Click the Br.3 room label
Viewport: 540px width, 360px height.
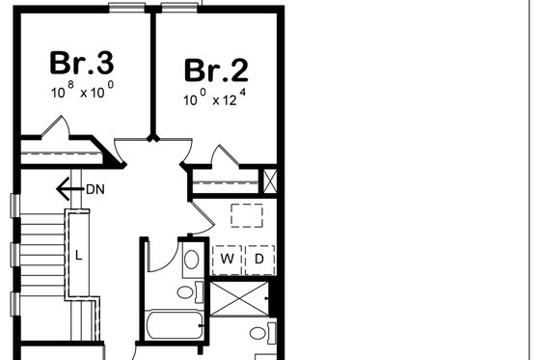click(82, 65)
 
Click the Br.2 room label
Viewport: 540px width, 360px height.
click(216, 70)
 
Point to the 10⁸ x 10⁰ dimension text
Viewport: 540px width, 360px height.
click(82, 95)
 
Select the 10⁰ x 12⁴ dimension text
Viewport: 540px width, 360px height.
click(216, 99)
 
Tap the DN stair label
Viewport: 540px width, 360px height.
click(94, 189)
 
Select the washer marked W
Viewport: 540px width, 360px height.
click(228, 259)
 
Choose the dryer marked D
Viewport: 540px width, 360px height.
click(259, 259)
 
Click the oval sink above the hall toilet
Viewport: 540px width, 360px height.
click(191, 259)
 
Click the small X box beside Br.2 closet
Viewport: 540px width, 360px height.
click(269, 180)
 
